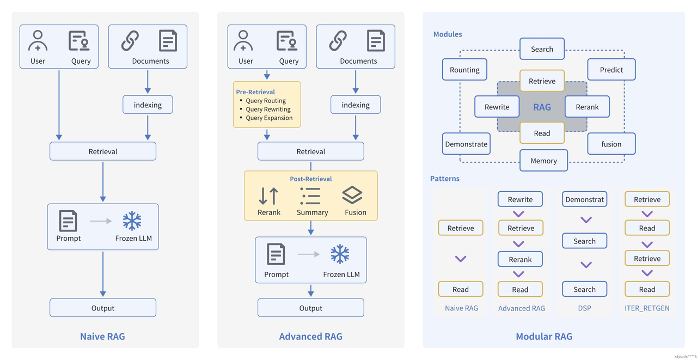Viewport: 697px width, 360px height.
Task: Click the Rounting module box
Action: [464, 69]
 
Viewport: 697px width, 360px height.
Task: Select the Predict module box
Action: [612, 69]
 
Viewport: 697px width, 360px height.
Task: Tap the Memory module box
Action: [543, 161]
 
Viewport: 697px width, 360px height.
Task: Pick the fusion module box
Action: [612, 144]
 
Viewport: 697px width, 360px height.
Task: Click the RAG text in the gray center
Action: [542, 107]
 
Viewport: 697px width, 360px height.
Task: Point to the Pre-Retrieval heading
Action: [255, 92]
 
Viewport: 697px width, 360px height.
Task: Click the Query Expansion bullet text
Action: [269, 118]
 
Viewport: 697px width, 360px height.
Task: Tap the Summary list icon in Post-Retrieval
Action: [310, 196]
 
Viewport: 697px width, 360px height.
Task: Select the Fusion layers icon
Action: [352, 196]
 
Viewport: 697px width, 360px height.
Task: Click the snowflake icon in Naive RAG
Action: [132, 221]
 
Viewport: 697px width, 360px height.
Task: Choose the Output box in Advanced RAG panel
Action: [310, 308]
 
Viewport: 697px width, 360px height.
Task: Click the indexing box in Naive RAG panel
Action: [148, 105]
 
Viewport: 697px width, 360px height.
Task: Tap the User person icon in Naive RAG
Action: [38, 40]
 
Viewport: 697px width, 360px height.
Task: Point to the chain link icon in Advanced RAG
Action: [338, 40]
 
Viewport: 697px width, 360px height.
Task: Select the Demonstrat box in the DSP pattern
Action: [584, 199]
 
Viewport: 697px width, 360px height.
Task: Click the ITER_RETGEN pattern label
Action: [647, 308]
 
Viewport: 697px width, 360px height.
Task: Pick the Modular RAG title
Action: [544, 337]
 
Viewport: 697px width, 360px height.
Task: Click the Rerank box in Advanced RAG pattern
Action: [520, 259]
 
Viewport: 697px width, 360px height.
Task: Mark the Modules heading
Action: [448, 34]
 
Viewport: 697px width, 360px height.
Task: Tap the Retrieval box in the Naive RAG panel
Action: [103, 151]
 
